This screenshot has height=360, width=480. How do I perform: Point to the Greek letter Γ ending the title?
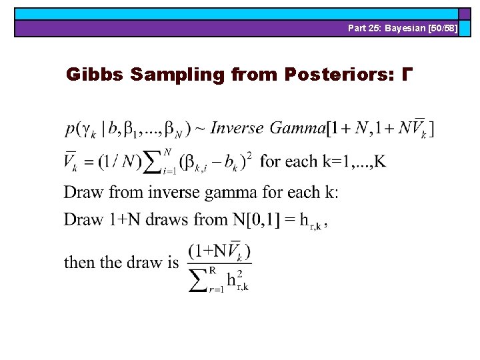point(404,74)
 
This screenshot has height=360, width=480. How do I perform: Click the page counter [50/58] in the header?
point(441,28)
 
